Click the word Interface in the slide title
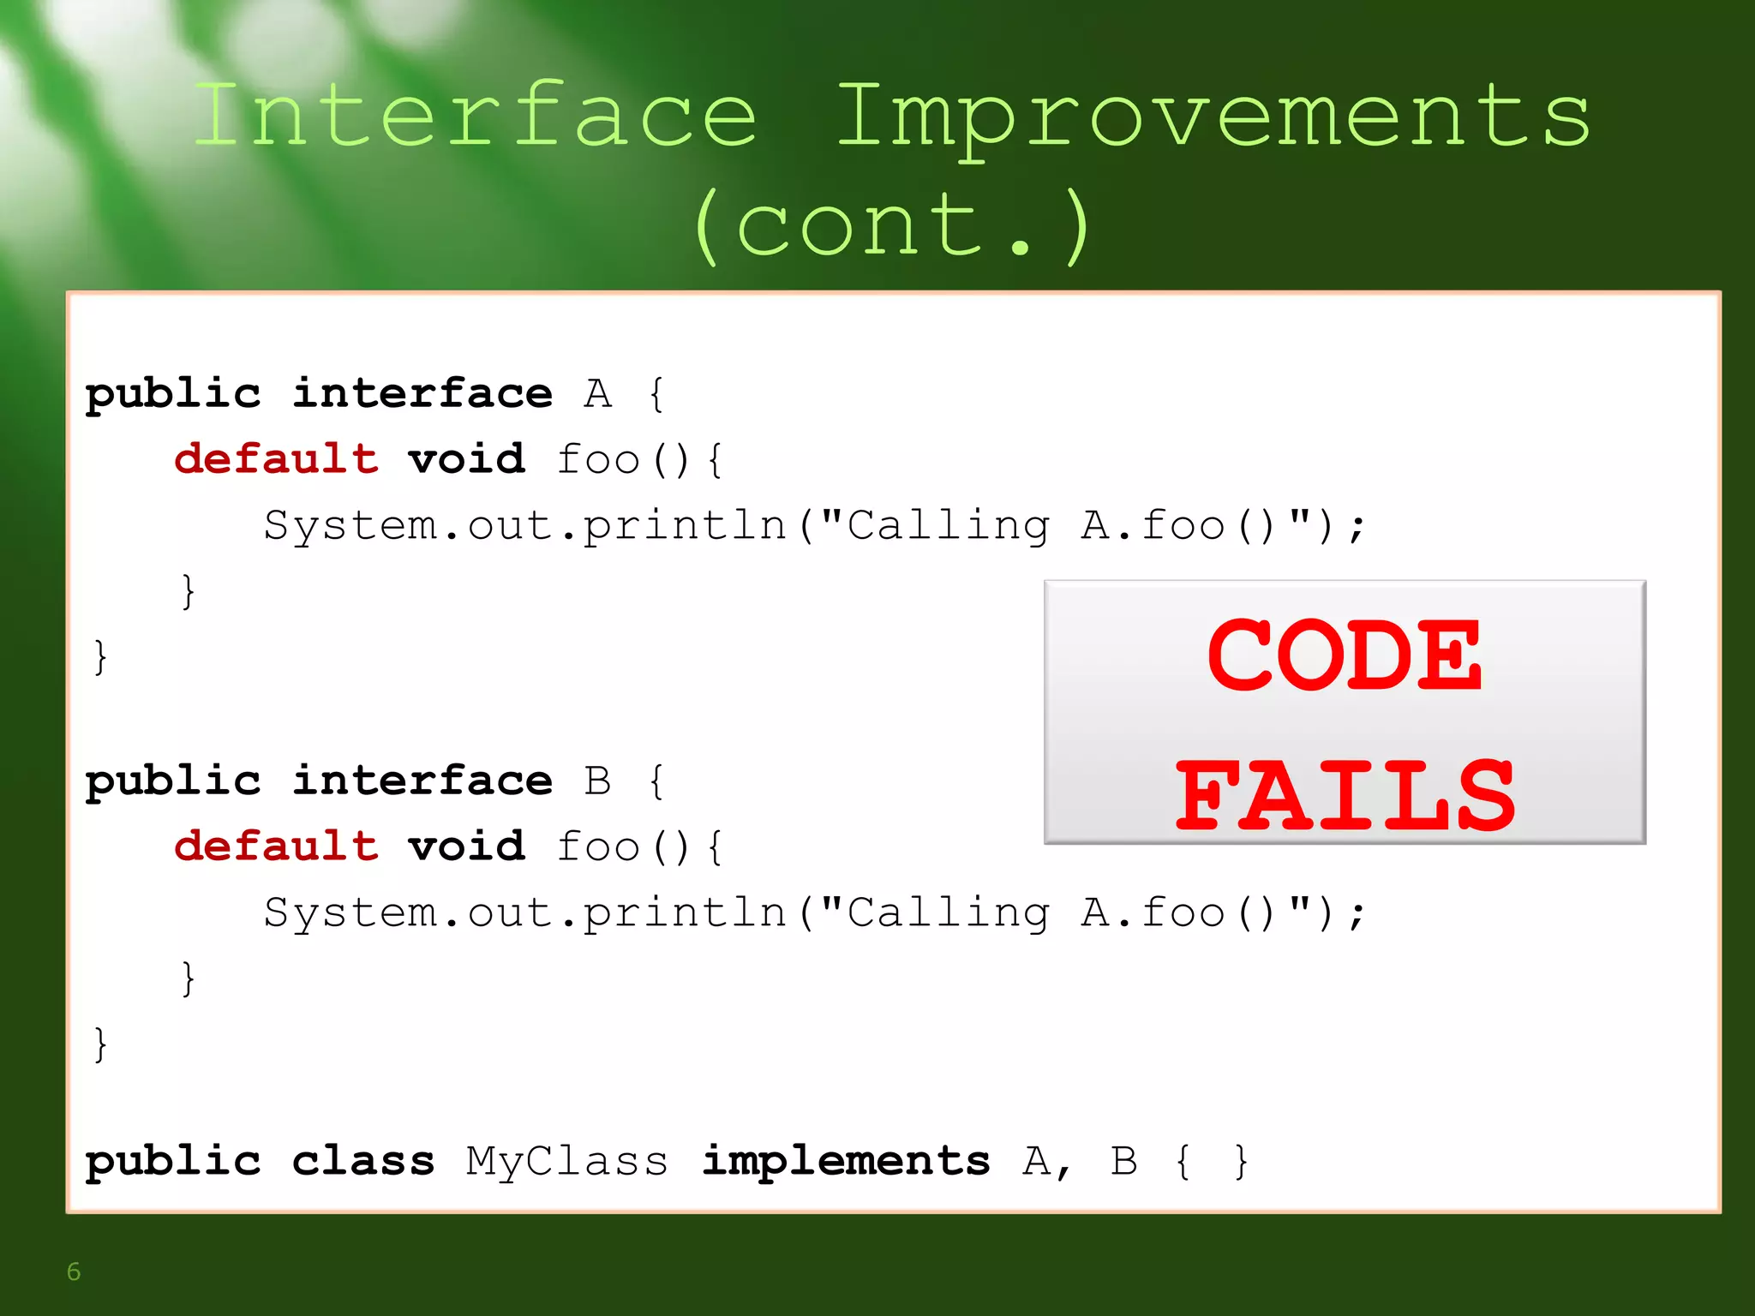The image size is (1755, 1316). [476, 116]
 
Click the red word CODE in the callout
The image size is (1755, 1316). [1344, 655]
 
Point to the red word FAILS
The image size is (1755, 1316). [1345, 796]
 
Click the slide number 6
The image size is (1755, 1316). [74, 1271]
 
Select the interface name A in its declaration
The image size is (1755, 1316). [598, 394]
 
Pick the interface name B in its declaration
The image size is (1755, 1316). [598, 781]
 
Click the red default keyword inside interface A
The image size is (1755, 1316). [276, 459]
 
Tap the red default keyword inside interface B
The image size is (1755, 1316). [276, 846]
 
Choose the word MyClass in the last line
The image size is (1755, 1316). [566, 1163]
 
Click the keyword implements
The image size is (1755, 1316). [846, 1163]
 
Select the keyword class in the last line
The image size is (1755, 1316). [362, 1162]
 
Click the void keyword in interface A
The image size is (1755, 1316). [466, 459]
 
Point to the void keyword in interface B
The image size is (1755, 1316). [466, 846]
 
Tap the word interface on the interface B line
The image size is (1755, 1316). [422, 781]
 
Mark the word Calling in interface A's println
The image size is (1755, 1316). [948, 526]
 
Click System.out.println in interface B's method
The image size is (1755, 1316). [524, 912]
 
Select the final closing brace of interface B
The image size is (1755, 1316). [100, 1044]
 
